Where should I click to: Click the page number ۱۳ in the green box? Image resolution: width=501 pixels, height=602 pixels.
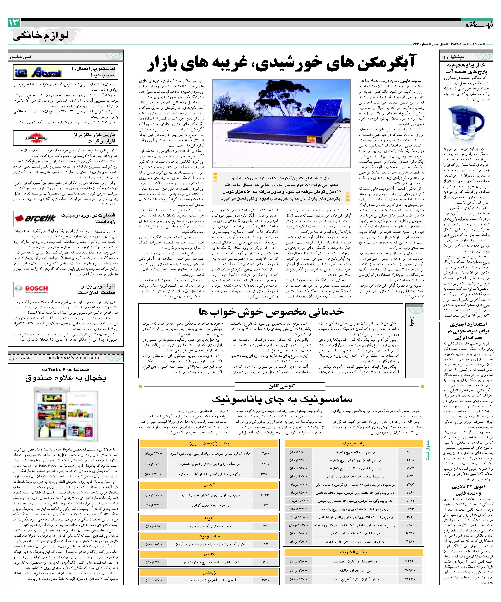[14, 23]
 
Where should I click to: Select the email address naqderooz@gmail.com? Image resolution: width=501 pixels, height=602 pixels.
[73, 358]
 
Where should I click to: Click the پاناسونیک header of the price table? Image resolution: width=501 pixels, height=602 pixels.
[354, 443]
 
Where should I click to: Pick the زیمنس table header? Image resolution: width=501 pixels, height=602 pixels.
[209, 572]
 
